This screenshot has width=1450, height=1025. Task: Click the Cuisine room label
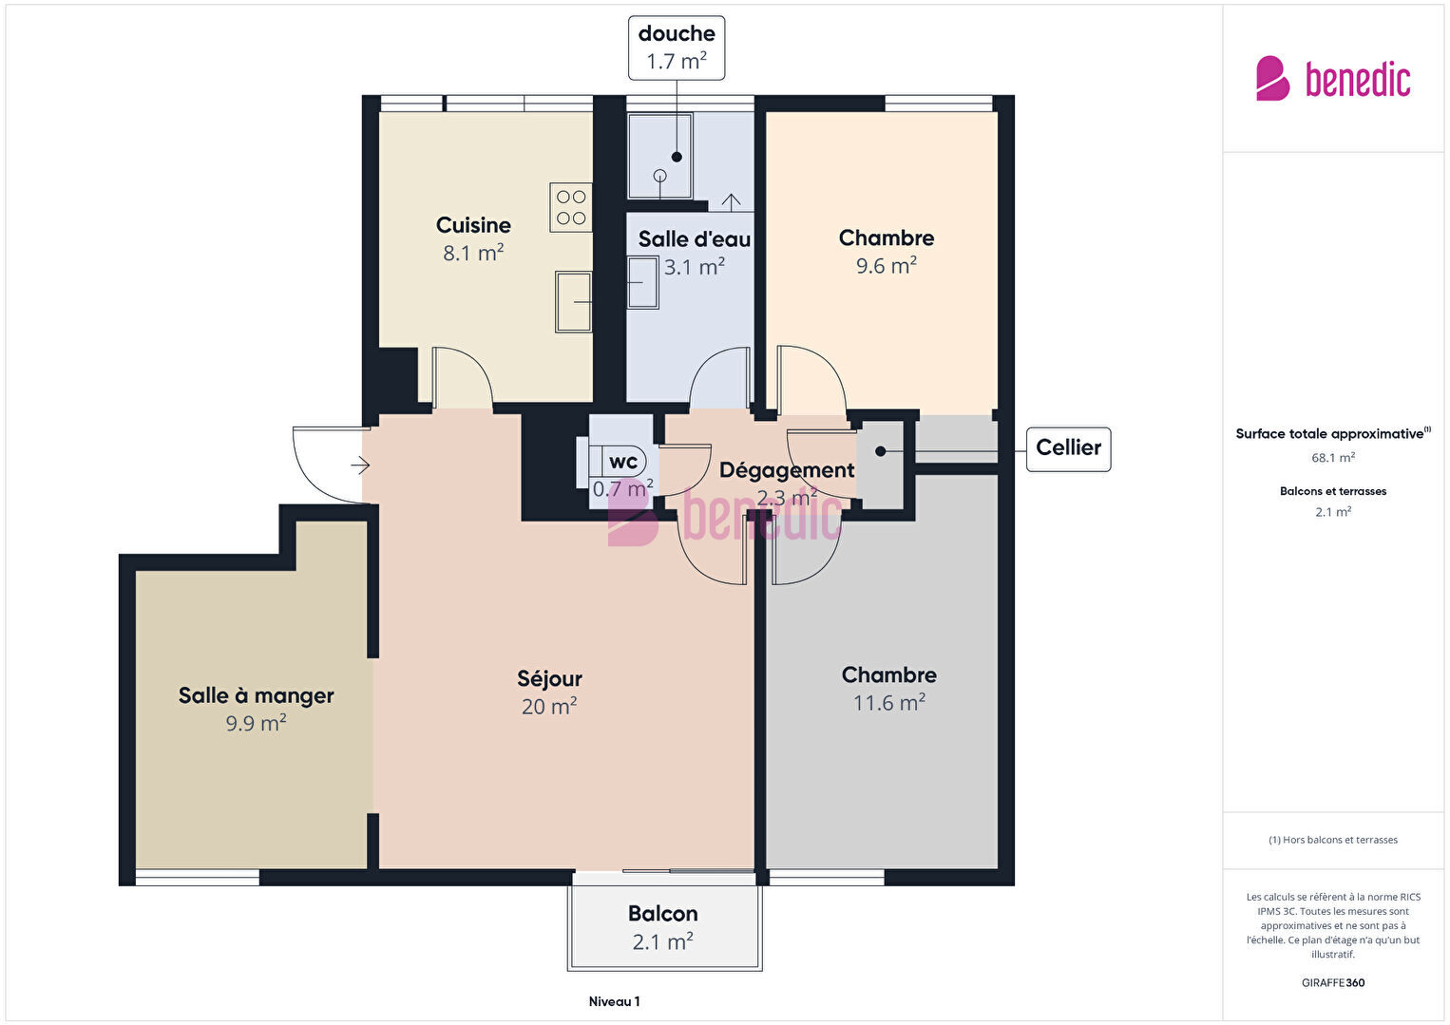click(x=473, y=225)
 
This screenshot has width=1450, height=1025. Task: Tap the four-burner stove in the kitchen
click(x=570, y=207)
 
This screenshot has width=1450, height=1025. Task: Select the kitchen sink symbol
click(x=573, y=302)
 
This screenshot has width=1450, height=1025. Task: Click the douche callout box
click(x=677, y=47)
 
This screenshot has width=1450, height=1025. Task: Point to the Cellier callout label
click(x=1068, y=447)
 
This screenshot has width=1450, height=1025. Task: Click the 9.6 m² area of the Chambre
click(x=887, y=265)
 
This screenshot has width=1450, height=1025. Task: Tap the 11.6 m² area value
click(x=888, y=702)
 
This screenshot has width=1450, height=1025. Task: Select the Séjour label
click(x=549, y=679)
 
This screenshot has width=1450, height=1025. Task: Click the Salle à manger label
click(x=257, y=695)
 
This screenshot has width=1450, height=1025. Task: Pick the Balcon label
click(x=663, y=914)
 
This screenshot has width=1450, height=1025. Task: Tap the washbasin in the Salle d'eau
click(x=642, y=283)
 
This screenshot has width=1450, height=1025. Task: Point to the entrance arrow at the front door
click(x=360, y=465)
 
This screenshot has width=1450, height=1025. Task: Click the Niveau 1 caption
click(x=615, y=1001)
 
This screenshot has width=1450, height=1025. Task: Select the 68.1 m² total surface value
click(x=1333, y=458)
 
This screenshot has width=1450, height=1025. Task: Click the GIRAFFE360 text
click(x=1333, y=982)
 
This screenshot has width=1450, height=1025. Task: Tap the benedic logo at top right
click(x=1333, y=79)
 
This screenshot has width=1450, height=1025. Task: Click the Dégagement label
click(x=787, y=470)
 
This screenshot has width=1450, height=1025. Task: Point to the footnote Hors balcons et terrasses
click(x=1333, y=840)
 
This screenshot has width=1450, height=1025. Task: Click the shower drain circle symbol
click(x=659, y=175)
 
